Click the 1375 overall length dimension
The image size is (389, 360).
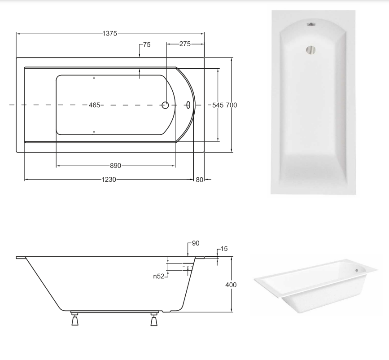(x=109, y=34)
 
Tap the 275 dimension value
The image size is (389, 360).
(x=185, y=44)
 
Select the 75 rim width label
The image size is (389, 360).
(x=147, y=45)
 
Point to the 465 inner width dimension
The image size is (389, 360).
(x=95, y=105)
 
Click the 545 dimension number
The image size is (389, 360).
(x=218, y=105)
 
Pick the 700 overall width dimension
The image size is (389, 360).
(x=232, y=105)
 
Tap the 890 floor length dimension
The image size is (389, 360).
(x=116, y=166)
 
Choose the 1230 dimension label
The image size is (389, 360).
(x=109, y=180)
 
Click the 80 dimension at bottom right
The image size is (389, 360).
(x=200, y=180)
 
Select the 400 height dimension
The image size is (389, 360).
(x=231, y=285)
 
